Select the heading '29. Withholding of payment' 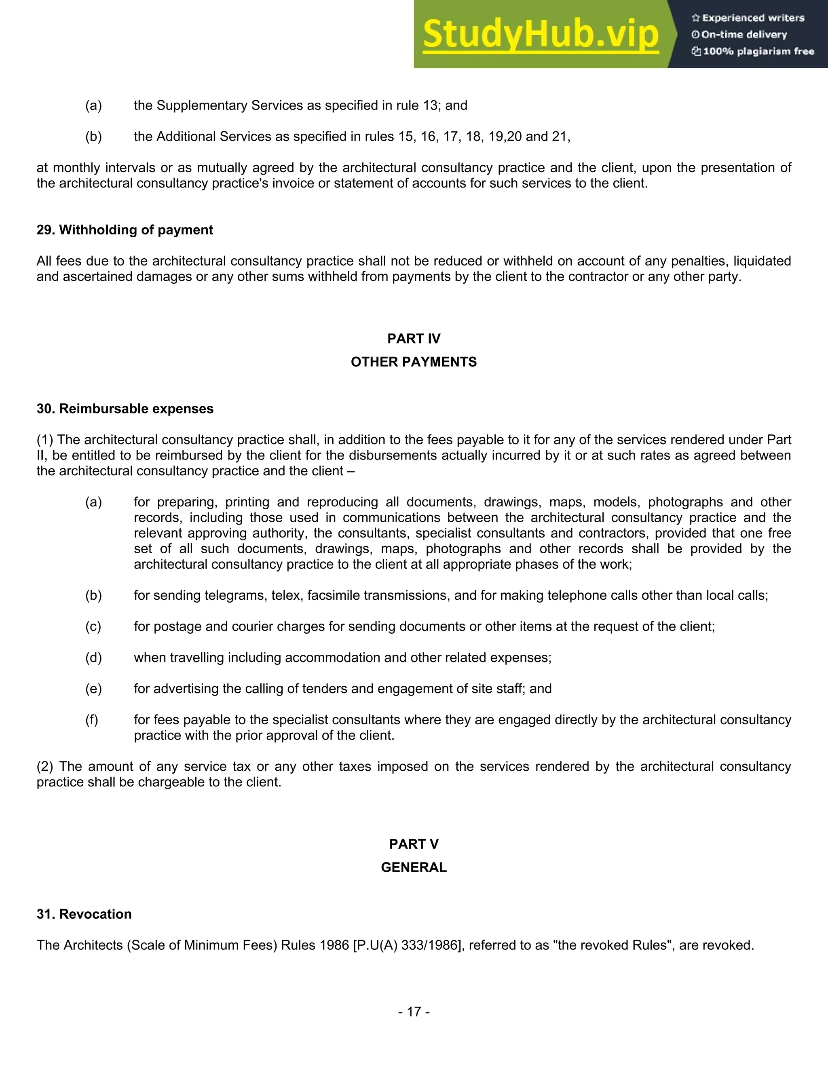125,230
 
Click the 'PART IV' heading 414,339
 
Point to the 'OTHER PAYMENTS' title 414,362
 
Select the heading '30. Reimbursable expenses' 125,409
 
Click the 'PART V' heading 414,844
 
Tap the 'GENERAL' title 414,867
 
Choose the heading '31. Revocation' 84,914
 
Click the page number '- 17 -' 414,1011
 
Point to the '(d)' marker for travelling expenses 93,658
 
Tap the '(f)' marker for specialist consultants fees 92,720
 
